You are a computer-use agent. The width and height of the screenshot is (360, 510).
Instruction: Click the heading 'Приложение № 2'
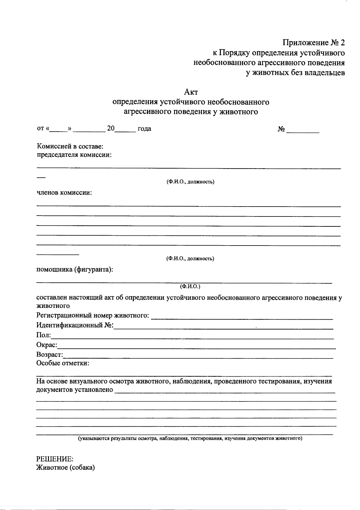(313, 43)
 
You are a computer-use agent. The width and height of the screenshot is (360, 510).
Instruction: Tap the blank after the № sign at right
(303, 130)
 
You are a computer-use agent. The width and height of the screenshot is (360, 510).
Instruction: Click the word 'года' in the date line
(144, 129)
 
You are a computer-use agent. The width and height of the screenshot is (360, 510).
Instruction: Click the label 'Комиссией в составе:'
(70, 146)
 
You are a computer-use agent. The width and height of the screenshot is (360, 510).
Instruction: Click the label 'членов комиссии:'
(64, 192)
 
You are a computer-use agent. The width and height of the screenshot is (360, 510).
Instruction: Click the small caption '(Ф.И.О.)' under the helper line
(190, 286)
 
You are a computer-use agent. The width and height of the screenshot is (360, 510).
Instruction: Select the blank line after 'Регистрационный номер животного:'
(242, 317)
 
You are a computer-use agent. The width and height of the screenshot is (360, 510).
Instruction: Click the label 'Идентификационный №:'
(75, 325)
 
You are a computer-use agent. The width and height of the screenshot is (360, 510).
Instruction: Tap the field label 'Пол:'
(43, 335)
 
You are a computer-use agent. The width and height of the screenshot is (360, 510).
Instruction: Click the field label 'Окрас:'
(47, 345)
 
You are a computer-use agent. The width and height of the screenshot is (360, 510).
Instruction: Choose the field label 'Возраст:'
(50, 355)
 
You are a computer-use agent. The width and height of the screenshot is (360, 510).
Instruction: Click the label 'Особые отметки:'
(63, 363)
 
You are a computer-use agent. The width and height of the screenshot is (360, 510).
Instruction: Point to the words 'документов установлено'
(75, 390)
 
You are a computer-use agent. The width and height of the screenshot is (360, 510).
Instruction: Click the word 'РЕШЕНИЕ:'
(55, 459)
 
